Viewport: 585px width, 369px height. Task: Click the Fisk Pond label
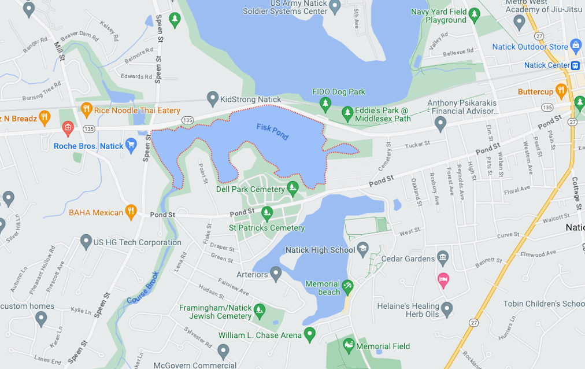coord(272,132)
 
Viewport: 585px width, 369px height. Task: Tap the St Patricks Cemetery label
coord(266,228)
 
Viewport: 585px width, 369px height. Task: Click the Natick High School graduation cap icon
coord(363,249)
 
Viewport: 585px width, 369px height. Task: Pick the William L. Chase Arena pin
coord(310,333)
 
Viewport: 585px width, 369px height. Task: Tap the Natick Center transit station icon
coord(576,65)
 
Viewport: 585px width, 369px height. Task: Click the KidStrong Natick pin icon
coord(213,98)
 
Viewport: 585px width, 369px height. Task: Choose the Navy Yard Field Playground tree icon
coord(474,13)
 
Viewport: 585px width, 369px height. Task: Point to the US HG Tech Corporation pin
coord(86,241)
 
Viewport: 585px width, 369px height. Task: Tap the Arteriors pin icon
coord(276,272)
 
